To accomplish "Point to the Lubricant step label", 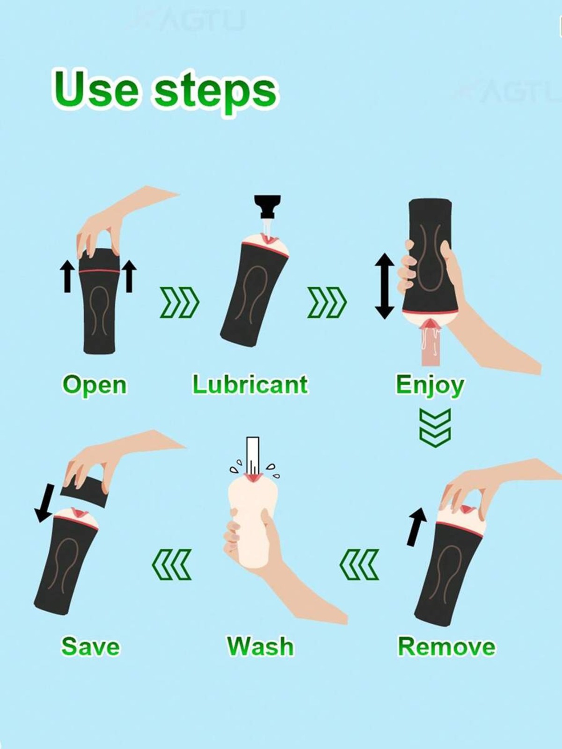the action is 250,385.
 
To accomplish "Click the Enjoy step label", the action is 430,386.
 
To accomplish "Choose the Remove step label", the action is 447,647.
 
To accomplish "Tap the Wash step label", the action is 260,647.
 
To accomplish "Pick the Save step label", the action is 90,647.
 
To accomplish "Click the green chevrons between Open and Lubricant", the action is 179,302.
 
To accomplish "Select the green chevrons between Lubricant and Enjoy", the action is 327,302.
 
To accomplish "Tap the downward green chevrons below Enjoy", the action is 435,428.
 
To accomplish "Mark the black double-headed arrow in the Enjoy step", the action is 385,286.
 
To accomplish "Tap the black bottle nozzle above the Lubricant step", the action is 268,206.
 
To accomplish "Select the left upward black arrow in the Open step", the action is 67,276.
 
